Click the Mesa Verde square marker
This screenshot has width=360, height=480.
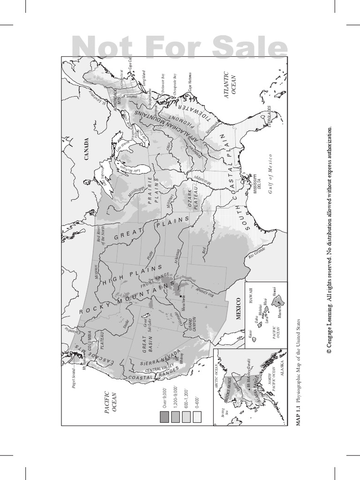[180, 296]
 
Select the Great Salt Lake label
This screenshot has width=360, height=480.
[148, 319]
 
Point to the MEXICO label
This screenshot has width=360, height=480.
[238, 308]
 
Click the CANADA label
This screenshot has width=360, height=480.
[87, 150]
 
